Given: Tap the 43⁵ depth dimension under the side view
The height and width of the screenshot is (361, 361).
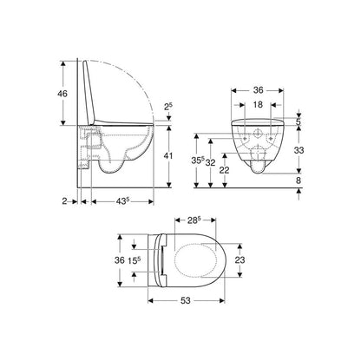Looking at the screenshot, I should pyautogui.click(x=121, y=202).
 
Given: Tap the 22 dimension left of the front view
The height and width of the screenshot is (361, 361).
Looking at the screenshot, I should pyautogui.click(x=225, y=169).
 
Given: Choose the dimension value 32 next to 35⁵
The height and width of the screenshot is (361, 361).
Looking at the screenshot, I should pyautogui.click(x=210, y=161).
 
